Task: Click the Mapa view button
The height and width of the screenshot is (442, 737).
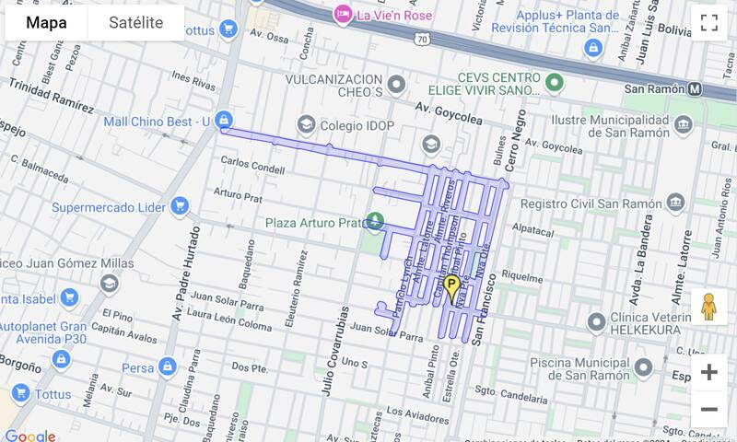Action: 46,23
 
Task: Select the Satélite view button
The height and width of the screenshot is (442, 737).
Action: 135,23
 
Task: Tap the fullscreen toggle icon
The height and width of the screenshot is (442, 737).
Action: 708,24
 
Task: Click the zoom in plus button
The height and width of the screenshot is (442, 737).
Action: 708,372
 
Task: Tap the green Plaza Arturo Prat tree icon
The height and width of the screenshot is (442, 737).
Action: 375,221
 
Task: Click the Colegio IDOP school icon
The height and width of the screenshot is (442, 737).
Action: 305,123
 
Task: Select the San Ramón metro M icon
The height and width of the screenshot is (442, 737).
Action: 696,89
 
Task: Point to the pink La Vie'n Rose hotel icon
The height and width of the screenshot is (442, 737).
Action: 343,14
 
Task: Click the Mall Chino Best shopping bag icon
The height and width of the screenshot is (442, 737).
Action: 224,121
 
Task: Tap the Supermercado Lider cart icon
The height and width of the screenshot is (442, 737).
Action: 181,206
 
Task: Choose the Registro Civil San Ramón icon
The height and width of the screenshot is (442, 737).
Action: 676,204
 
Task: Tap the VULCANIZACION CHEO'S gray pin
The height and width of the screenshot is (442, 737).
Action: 397,85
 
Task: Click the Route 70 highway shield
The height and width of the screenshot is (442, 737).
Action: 420,40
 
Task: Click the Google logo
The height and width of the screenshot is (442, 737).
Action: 29,435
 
